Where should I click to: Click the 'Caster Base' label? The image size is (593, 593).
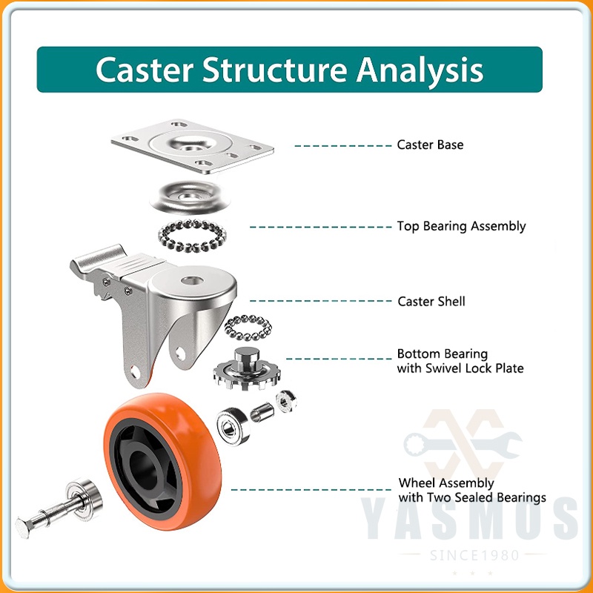430,145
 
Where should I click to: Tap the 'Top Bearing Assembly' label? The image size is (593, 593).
461,227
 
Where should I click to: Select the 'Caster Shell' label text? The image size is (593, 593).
431,302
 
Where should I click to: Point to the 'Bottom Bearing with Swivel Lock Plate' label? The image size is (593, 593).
460,361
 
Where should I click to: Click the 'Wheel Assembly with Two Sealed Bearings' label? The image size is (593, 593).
472,490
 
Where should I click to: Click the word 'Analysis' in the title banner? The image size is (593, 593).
420,70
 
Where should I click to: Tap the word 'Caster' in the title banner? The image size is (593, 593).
145,70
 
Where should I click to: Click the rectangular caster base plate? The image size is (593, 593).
193,146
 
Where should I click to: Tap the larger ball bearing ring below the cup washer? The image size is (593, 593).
192,236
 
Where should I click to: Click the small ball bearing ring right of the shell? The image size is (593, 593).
248,328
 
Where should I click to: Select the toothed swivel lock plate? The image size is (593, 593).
247,372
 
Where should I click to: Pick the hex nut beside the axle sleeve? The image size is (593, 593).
286,401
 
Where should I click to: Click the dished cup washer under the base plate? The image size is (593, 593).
191,197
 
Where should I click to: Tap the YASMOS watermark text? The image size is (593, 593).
469,518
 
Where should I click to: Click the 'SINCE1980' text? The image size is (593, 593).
474,555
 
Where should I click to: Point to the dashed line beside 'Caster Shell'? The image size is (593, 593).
321,301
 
